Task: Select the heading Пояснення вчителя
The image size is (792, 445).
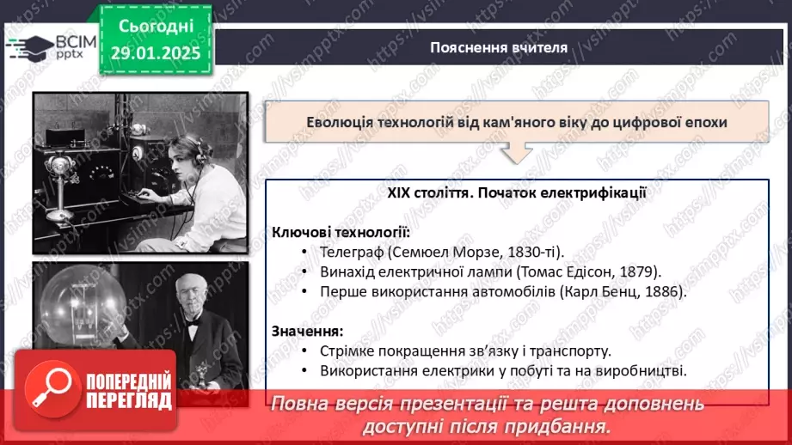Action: (x=499, y=47)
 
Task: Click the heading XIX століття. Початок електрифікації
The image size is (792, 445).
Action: (x=516, y=193)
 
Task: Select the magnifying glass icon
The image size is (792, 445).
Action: (x=49, y=392)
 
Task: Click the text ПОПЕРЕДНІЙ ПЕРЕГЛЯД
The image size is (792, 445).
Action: (x=128, y=392)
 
